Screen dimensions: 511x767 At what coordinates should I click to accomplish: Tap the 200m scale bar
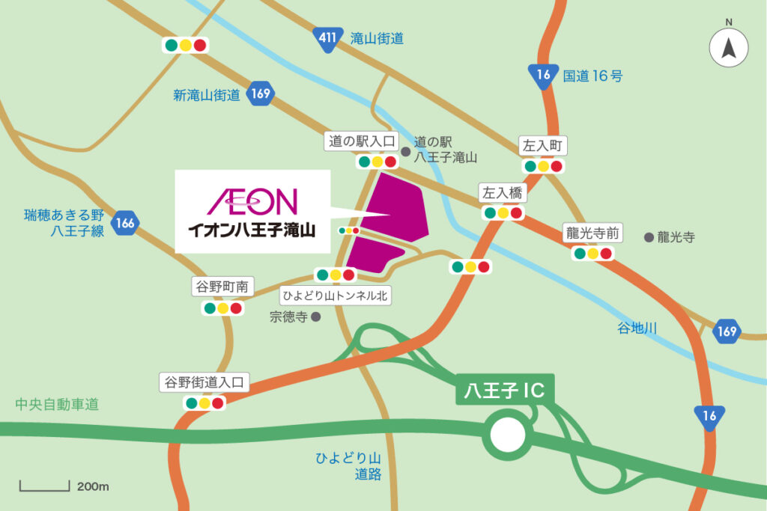(x=44, y=486)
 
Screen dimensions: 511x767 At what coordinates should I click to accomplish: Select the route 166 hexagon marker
(x=125, y=222)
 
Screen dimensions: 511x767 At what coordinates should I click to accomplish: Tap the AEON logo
(x=252, y=201)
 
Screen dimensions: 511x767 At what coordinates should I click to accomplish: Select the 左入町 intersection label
(x=543, y=146)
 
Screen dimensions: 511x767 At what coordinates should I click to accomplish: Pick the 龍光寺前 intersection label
(x=593, y=233)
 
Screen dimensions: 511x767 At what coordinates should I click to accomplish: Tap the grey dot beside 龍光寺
(x=649, y=237)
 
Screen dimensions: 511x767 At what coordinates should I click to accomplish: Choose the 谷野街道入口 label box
(x=203, y=382)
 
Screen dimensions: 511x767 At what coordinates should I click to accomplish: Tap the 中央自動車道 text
(x=57, y=405)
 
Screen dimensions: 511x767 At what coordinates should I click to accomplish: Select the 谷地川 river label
(x=637, y=328)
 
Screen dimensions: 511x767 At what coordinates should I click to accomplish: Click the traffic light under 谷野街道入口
(x=204, y=403)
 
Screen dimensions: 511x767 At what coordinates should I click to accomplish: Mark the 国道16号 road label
(x=592, y=75)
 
